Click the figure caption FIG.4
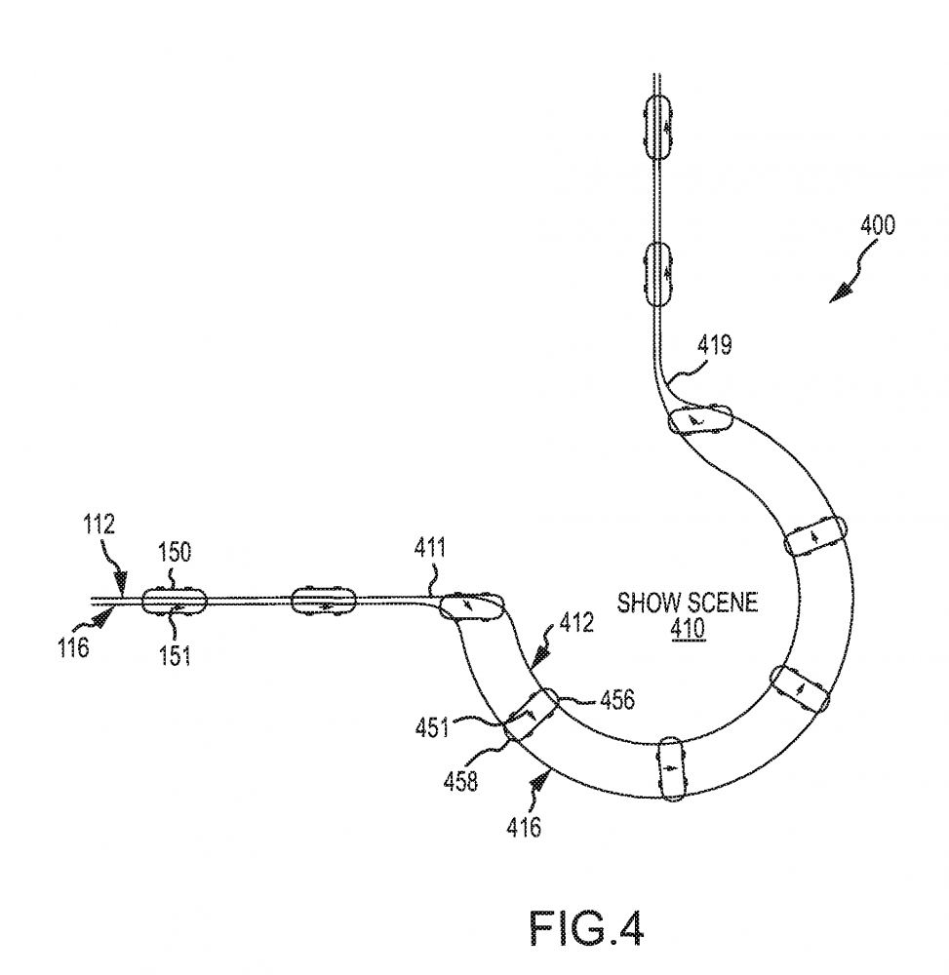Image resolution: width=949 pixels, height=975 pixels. (586, 927)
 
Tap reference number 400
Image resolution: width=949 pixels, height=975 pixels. (878, 225)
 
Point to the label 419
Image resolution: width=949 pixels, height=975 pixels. (714, 344)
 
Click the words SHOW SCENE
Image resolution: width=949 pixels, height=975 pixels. (688, 603)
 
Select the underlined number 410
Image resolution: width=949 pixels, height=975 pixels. (688, 630)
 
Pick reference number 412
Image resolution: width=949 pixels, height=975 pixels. (576, 622)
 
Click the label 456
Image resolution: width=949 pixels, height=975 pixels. (617, 700)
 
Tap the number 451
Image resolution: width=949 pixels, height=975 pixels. (432, 727)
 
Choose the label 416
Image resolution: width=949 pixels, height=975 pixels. (524, 827)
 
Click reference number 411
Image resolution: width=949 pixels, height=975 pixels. (430, 548)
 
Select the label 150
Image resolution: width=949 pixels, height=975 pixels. (175, 552)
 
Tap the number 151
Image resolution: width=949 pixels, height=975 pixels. (175, 655)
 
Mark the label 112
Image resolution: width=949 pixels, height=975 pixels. (99, 525)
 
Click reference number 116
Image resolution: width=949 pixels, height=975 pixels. (74, 648)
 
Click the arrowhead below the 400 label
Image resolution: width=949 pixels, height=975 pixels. (840, 293)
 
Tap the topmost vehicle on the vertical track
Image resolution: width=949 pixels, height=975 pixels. (658, 127)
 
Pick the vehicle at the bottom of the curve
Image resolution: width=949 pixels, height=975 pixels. (670, 768)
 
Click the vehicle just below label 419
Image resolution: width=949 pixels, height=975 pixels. (700, 419)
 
